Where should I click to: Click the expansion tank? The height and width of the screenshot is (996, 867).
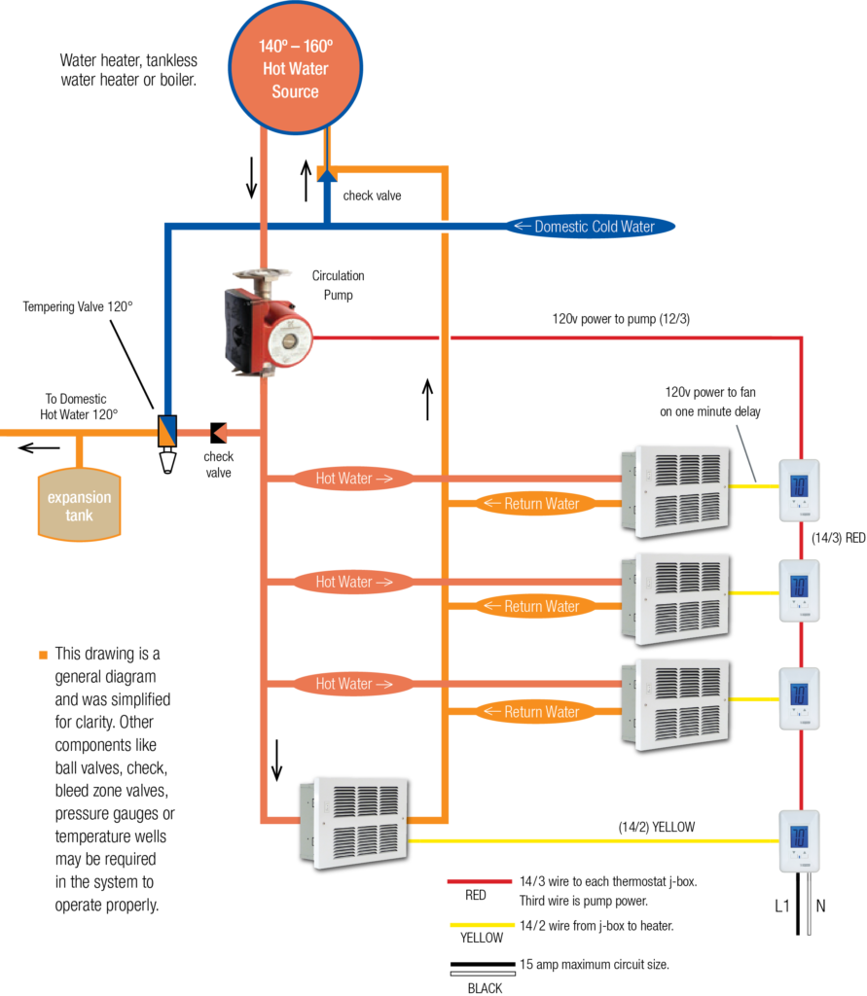(80, 505)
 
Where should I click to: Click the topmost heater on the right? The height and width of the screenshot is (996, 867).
(680, 491)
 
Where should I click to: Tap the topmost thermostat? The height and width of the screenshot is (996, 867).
(799, 489)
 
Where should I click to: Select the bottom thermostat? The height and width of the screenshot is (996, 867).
(799, 840)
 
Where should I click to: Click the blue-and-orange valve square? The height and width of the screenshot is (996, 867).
(167, 431)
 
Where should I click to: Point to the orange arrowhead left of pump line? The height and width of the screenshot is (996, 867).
(221, 432)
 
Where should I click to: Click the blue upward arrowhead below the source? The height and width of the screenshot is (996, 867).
(327, 173)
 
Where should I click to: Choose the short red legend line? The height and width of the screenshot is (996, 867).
(480, 881)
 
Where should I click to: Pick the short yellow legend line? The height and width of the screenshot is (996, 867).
(482, 924)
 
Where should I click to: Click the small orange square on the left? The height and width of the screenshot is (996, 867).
(43, 655)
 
